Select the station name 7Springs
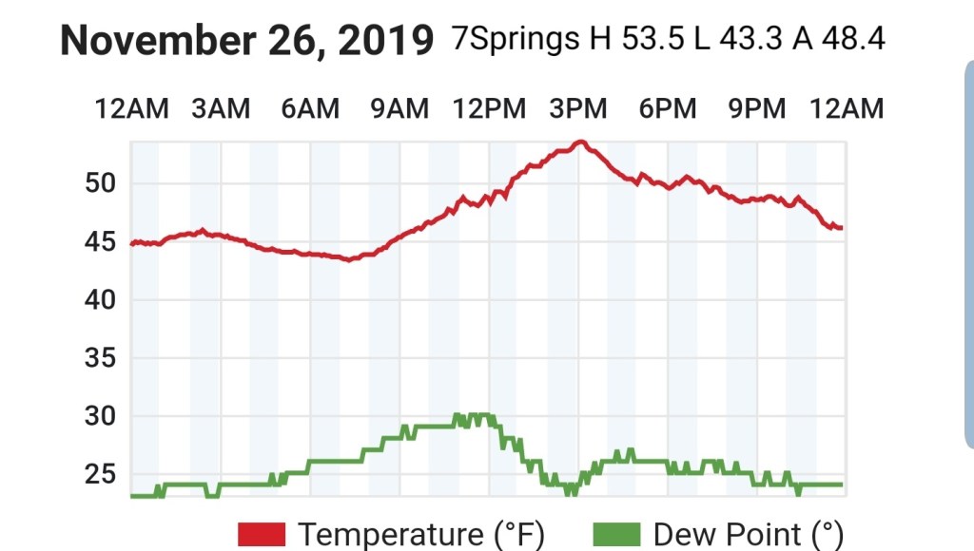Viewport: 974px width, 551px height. tap(515, 40)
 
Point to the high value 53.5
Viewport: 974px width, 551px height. tap(653, 40)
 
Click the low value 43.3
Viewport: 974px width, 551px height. tap(750, 40)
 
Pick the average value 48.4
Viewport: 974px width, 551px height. tap(851, 40)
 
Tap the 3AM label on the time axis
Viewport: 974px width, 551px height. tap(221, 109)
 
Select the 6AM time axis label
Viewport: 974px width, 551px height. tap(310, 109)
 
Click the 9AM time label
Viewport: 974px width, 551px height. tap(399, 109)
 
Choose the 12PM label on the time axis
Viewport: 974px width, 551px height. tap(489, 109)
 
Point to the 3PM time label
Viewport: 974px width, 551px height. tap(578, 109)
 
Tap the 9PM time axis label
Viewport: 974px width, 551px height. tap(757, 109)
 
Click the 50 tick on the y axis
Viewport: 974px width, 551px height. tap(101, 183)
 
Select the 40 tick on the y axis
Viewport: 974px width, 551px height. tap(101, 300)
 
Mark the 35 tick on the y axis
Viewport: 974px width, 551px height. tap(101, 358)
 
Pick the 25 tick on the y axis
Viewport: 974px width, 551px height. tap(101, 474)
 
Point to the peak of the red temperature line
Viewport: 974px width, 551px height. tap(579, 142)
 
